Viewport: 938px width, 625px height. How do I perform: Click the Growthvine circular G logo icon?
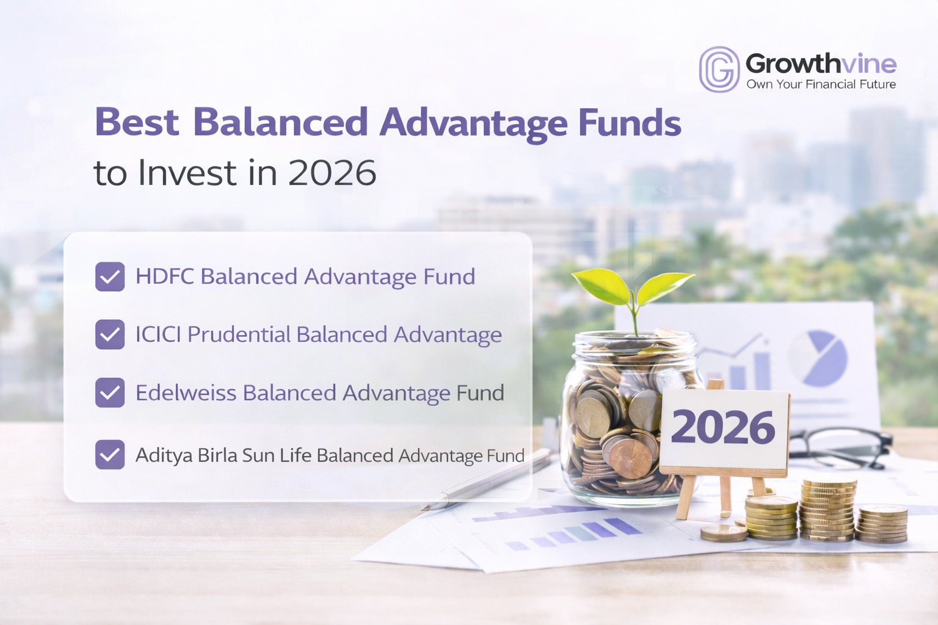719,70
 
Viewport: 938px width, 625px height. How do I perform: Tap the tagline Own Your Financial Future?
821,84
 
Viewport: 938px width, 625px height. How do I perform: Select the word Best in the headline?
137,123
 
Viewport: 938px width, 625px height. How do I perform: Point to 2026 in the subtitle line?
332,173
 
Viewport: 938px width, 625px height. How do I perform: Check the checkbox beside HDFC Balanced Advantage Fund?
110,276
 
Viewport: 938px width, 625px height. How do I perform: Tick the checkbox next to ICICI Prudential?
110,334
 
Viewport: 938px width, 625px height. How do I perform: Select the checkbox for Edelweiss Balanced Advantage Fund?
110,392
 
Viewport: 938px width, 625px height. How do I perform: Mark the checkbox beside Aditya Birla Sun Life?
110,455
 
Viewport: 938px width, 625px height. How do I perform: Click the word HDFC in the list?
164,276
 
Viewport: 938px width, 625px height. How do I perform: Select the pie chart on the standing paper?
818,358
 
